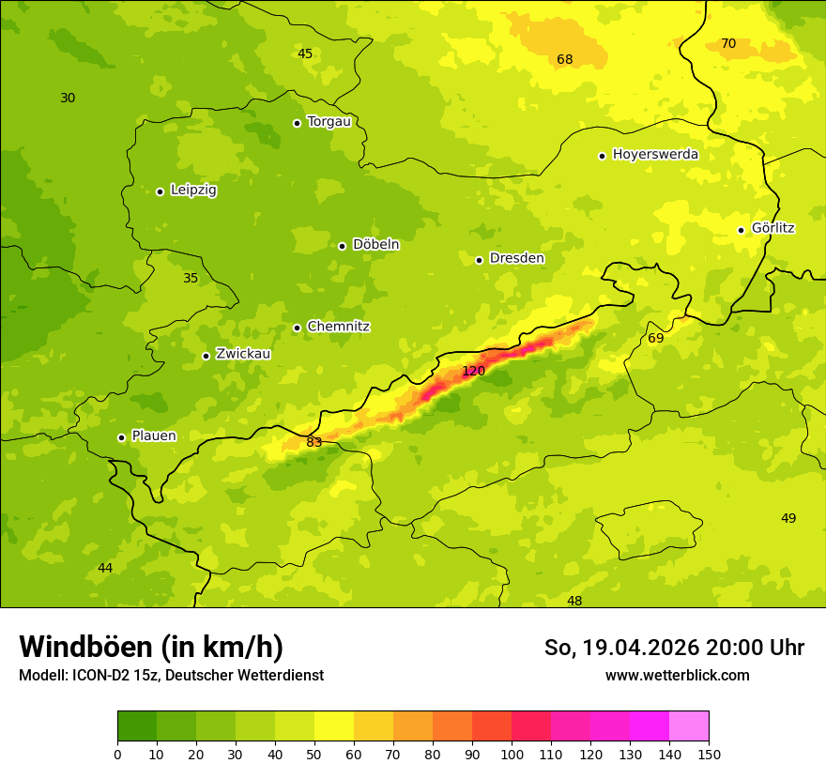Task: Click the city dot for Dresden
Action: (x=479, y=260)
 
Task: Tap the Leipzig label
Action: (x=193, y=190)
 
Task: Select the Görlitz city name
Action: (x=773, y=228)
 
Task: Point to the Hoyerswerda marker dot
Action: (x=602, y=156)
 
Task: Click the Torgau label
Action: (x=329, y=121)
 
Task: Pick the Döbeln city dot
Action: (x=342, y=246)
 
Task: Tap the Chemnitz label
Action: (x=338, y=327)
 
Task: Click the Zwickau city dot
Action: (x=206, y=356)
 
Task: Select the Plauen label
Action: (x=153, y=435)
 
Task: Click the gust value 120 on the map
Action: (x=473, y=371)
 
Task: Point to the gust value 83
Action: (x=314, y=442)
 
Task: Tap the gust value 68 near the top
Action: (x=564, y=59)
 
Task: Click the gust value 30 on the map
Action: (x=68, y=98)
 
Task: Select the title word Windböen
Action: (x=85, y=647)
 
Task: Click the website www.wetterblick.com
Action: (x=677, y=675)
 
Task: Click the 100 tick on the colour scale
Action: (x=512, y=754)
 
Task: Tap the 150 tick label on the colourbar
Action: (x=709, y=754)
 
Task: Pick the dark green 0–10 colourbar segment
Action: (x=137, y=726)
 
